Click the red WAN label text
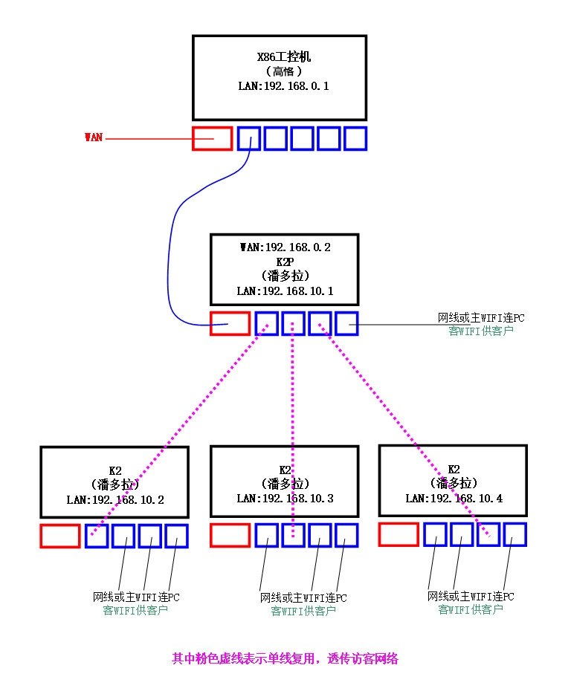[x=93, y=137]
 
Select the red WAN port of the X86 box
[x=212, y=138]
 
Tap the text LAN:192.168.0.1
[x=278, y=86]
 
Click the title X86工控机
[x=279, y=57]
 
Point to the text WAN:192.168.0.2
[x=284, y=247]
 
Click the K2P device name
[x=284, y=262]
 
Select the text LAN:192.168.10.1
[x=284, y=291]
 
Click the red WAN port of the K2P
[x=229, y=323]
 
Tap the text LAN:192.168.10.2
[x=114, y=499]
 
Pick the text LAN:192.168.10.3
[x=284, y=498]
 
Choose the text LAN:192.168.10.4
[x=453, y=498]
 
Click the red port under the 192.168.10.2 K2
[x=59, y=536]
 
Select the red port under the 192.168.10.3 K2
[x=229, y=535]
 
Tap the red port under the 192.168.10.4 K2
[x=398, y=534]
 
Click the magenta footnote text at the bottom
[x=285, y=658]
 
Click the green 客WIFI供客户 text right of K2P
[x=481, y=331]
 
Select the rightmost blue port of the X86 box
[x=355, y=138]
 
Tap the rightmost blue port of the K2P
[x=346, y=323]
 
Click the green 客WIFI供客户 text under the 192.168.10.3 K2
[x=303, y=611]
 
